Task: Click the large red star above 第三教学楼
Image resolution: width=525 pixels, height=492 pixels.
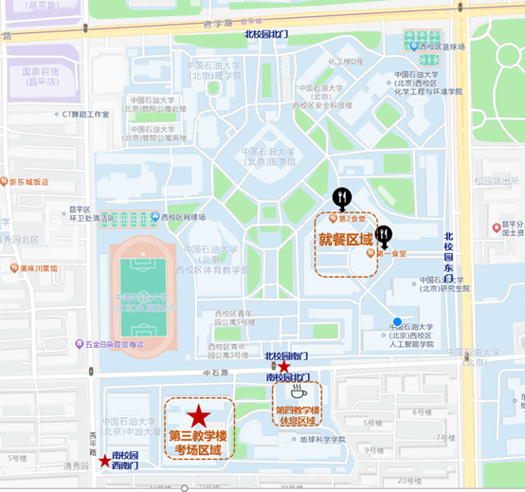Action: [198, 415]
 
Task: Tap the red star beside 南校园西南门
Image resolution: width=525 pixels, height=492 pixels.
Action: [103, 461]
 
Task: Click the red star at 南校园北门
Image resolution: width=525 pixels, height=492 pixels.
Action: [284, 366]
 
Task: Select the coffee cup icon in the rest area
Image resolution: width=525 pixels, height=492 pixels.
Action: [299, 392]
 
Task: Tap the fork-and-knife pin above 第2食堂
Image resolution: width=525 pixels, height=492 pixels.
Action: [342, 199]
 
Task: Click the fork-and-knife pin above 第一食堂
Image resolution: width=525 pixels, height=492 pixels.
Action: [384, 235]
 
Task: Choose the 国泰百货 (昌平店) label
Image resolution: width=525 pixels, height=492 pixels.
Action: [40, 76]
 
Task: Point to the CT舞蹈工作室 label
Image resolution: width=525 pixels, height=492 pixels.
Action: [84, 115]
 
